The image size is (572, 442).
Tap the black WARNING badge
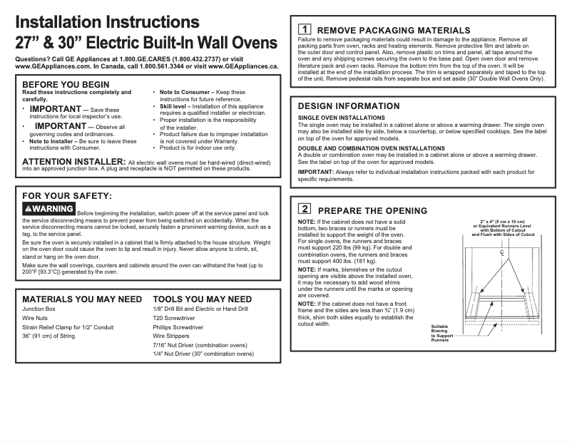(x=48, y=209)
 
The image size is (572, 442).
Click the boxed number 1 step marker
(x=304, y=29)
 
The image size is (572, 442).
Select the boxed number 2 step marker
(x=304, y=210)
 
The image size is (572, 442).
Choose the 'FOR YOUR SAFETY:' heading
(x=67, y=195)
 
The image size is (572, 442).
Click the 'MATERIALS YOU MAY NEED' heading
(x=82, y=299)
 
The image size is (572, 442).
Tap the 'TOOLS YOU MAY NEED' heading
(x=203, y=299)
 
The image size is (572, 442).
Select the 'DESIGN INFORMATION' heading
(x=348, y=106)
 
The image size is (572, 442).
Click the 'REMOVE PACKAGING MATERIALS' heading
(x=394, y=30)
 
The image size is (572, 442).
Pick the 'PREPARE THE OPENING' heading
(x=372, y=210)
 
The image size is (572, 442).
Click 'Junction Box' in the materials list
(x=39, y=309)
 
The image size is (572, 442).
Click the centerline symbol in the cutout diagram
(x=502, y=252)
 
